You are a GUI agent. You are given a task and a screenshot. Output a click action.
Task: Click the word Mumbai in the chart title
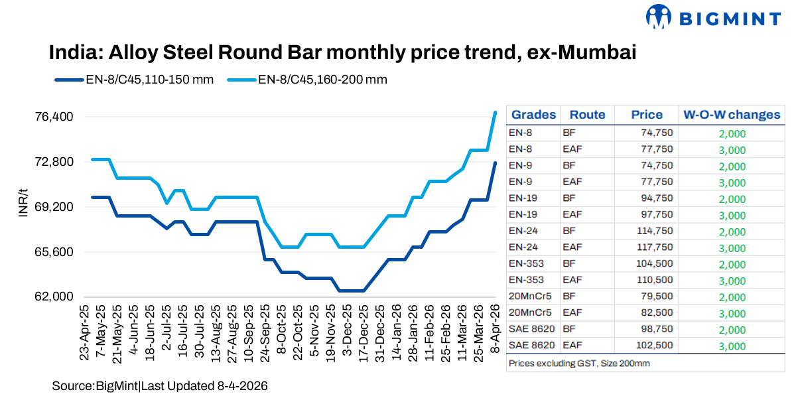595,52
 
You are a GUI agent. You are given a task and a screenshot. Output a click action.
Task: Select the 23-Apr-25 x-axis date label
85,332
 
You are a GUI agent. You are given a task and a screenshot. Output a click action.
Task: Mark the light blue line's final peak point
495,112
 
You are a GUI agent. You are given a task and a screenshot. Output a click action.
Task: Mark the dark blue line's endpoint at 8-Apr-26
495,163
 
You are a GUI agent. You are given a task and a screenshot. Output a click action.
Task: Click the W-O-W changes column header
732,115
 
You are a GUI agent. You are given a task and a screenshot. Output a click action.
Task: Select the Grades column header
533,115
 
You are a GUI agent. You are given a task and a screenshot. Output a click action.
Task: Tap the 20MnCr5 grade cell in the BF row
526,297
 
